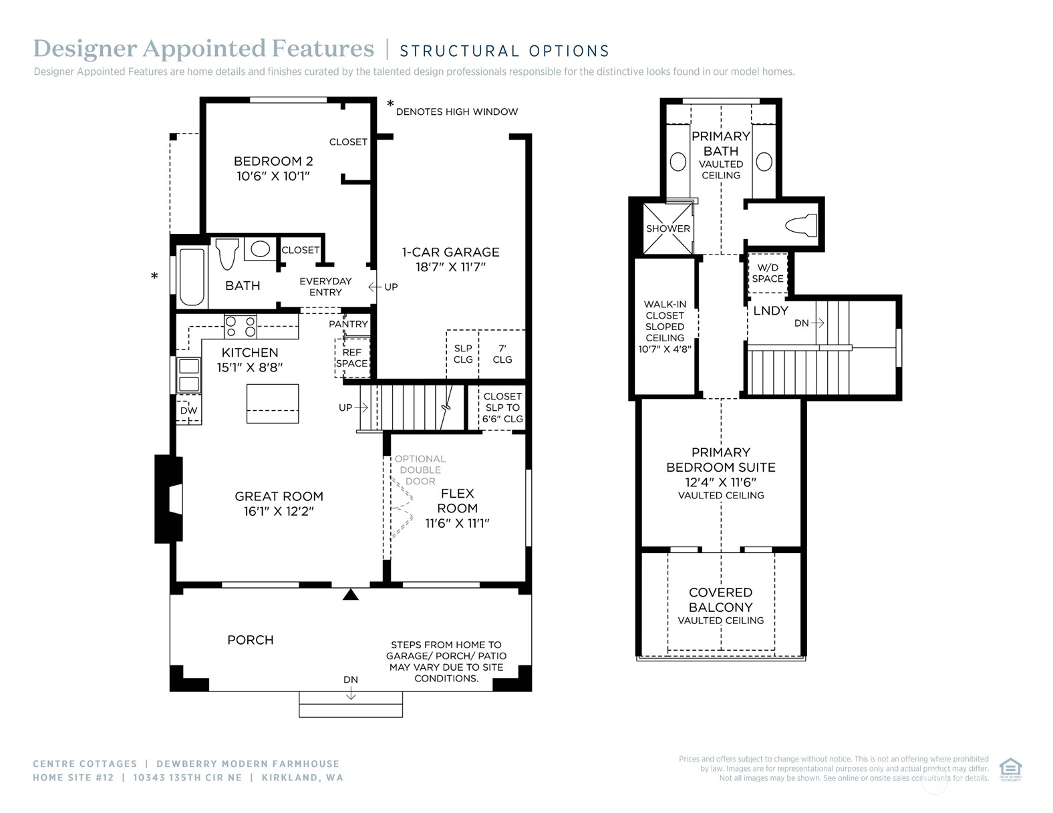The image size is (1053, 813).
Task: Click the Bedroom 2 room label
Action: (273, 161)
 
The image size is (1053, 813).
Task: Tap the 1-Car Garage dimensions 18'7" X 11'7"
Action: (450, 267)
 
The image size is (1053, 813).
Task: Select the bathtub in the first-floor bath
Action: (192, 277)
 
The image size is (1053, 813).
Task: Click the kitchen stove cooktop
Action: (241, 326)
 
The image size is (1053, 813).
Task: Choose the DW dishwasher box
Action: (188, 411)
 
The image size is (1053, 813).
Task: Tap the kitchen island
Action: (273, 403)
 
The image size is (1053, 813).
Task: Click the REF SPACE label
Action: (352, 358)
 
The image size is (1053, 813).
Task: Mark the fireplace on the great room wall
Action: (168, 499)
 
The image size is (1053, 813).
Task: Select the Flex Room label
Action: (458, 500)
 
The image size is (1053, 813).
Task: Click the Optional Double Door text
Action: (420, 470)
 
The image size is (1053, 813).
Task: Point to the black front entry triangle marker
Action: (350, 595)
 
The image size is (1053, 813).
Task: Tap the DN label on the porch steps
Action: (350, 680)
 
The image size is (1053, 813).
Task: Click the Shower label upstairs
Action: (667, 228)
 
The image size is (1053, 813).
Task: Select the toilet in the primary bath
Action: (800, 225)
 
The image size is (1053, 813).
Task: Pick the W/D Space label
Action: (768, 273)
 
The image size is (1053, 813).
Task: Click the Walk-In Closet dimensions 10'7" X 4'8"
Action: (665, 349)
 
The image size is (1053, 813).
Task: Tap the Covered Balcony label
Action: (720, 600)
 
